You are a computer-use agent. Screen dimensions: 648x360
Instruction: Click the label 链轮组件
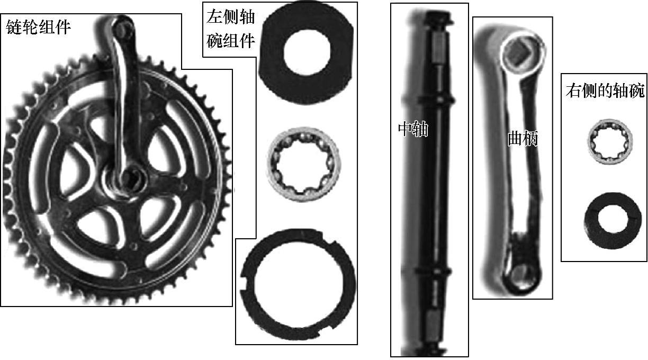point(38,27)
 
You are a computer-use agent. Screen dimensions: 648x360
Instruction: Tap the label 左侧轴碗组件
point(231,29)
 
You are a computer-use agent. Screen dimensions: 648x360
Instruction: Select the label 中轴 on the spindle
point(413,129)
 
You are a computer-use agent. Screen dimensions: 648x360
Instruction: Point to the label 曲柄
point(523,138)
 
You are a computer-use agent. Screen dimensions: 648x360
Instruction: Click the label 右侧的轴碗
point(605,91)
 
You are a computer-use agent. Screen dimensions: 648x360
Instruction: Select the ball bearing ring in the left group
point(303,164)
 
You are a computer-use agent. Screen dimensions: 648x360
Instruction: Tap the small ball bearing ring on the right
point(609,141)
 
